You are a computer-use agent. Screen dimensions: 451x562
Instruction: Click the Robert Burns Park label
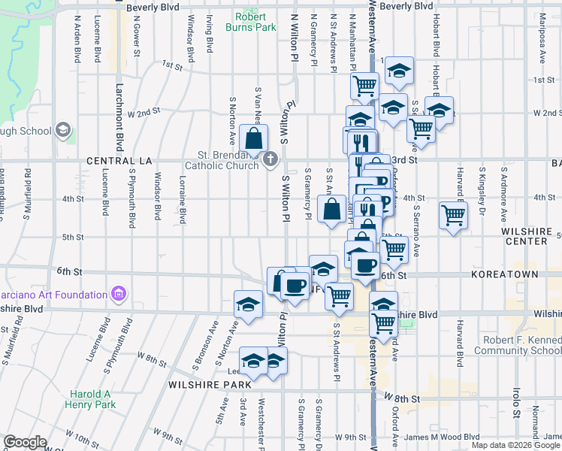pos(255,22)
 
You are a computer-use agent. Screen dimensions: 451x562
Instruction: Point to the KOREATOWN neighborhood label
pos(505,276)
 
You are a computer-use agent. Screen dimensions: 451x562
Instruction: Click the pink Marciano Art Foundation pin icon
pos(117,292)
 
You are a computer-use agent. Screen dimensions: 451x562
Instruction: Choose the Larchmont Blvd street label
pos(119,117)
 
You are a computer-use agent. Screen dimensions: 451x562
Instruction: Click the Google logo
pos(25,442)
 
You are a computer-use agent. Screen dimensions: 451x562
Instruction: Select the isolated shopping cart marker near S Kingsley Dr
pos(454,216)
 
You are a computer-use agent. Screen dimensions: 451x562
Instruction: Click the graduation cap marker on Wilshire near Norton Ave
pos(248,305)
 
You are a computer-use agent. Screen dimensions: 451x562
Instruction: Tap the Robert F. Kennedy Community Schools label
pos(519,345)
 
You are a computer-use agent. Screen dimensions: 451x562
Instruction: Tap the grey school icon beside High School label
pos(63,130)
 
